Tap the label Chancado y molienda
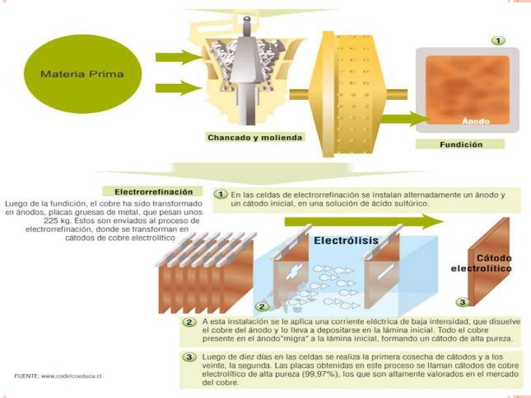255,137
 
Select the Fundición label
460,144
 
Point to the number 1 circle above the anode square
498,40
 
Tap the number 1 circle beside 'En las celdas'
220,195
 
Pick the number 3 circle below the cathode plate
462,301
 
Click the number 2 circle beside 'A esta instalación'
190,321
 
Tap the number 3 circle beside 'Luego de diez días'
190,356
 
